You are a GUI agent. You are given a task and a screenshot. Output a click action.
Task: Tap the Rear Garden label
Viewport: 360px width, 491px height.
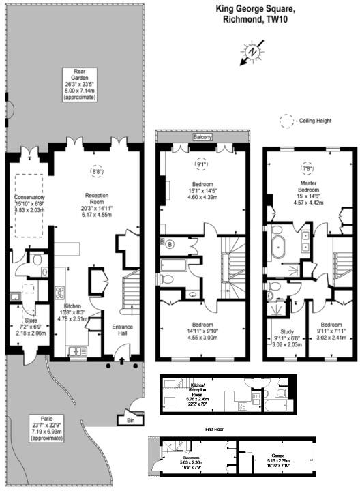point(80,73)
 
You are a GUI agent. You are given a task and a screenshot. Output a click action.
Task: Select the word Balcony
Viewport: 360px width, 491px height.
point(202,138)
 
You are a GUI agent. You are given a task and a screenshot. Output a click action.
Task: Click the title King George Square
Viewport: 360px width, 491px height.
point(256,10)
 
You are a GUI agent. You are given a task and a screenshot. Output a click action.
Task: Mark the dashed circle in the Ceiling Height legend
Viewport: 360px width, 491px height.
point(284,119)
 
